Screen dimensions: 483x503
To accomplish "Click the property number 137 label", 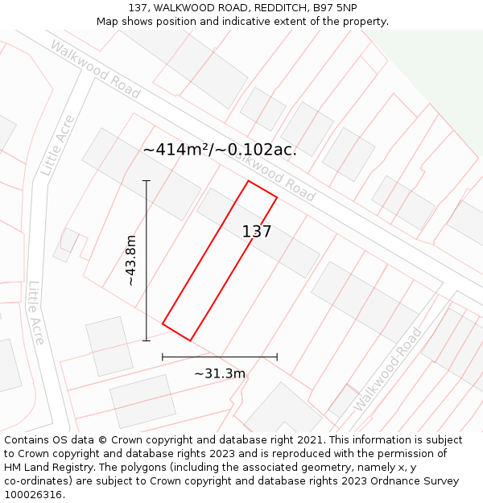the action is click(x=257, y=232).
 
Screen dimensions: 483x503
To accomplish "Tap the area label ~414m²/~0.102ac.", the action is click(x=219, y=150).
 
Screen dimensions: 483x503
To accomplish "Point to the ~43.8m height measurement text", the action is click(x=131, y=260).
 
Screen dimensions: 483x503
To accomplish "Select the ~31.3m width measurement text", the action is click(x=219, y=373).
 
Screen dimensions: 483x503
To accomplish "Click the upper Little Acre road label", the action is click(x=58, y=146).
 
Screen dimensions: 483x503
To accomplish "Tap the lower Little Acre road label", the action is click(x=35, y=312).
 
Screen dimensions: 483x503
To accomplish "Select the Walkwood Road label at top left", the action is click(x=95, y=69).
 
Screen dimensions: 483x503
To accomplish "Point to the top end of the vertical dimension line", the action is click(x=147, y=181).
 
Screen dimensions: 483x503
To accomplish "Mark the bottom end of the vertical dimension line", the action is click(x=147, y=340).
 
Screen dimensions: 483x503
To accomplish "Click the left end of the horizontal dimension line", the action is click(x=163, y=357).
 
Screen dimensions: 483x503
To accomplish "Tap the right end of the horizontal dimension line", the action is click(x=277, y=357).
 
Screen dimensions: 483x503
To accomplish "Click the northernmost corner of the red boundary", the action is click(x=249, y=181).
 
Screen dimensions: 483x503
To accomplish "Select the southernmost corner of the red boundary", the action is click(x=191, y=340).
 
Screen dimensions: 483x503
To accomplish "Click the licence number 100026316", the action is click(x=33, y=494).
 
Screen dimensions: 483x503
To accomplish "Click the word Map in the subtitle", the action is click(x=109, y=21).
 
